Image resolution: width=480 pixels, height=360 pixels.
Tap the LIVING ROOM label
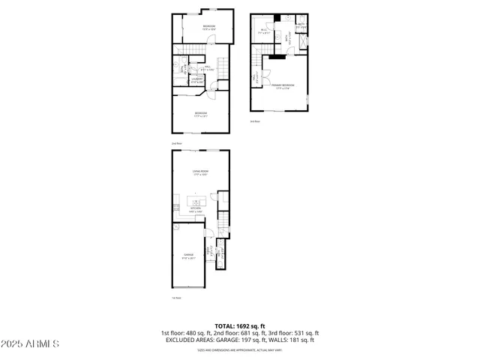coord(199,172)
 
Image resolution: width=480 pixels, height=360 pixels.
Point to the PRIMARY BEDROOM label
coord(283,86)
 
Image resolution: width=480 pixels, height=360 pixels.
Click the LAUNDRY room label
coord(196,79)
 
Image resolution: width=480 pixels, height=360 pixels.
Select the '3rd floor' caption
coord(255,121)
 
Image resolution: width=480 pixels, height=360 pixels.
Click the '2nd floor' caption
coord(177,143)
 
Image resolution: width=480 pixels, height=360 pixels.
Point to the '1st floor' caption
coord(176,298)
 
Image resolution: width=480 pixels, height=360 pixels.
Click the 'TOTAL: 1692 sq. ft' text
coord(239,326)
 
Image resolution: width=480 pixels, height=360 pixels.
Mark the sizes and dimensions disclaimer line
coord(239,349)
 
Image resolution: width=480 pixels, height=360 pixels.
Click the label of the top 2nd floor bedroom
coord(208,28)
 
